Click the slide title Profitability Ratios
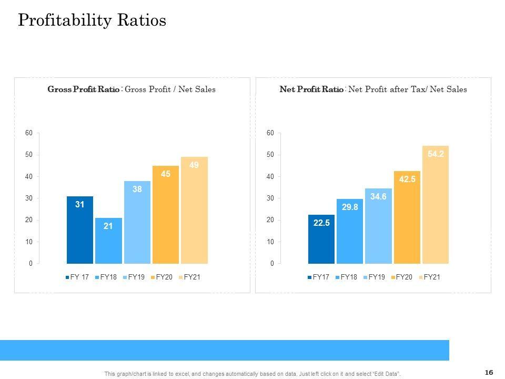92,20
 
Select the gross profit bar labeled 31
79,230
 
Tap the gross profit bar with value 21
108,241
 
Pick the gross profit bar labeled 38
137,222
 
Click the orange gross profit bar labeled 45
166,215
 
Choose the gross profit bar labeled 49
194,210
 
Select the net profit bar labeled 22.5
321,239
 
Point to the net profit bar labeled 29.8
350,231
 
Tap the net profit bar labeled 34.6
378,226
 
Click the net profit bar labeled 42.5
407,217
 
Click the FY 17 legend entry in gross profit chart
78,277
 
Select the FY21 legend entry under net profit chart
429,277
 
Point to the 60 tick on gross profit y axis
28,133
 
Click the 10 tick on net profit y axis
270,242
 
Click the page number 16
489,373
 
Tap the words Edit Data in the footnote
387,374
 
